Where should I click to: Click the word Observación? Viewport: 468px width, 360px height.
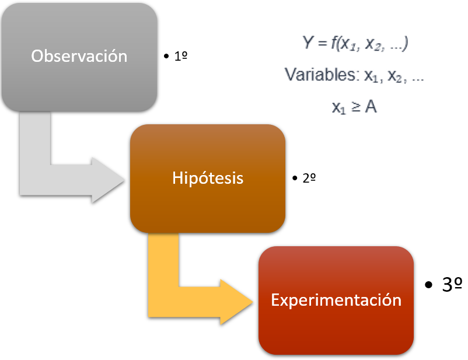click(79, 56)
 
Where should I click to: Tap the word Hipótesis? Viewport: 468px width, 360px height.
click(208, 178)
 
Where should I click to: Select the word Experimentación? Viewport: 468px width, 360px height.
click(336, 300)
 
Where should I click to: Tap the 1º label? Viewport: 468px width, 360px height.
click(181, 57)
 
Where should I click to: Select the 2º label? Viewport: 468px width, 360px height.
click(309, 179)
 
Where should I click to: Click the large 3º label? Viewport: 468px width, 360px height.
click(452, 285)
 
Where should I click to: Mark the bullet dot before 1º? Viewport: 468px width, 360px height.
click(167, 57)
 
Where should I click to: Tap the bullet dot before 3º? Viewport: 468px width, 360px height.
click(429, 285)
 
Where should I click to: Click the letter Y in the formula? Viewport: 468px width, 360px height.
click(308, 44)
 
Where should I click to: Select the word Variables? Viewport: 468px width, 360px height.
click(320, 75)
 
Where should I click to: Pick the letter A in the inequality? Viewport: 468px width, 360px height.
click(371, 107)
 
